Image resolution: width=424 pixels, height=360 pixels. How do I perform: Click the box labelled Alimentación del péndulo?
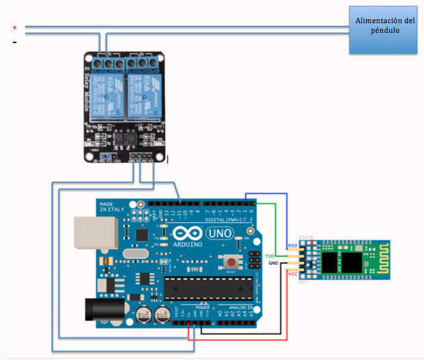point(383,29)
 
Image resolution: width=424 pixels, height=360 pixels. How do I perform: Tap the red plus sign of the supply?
point(14,27)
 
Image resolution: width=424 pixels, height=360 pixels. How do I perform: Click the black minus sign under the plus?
point(14,42)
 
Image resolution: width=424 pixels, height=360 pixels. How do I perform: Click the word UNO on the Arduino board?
point(220,233)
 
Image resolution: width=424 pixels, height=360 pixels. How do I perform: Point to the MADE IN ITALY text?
point(113,207)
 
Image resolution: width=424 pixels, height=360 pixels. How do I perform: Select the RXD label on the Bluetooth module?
point(292,245)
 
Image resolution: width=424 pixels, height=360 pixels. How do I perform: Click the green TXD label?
point(269,255)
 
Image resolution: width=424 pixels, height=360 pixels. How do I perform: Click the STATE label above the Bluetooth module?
point(306,237)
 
